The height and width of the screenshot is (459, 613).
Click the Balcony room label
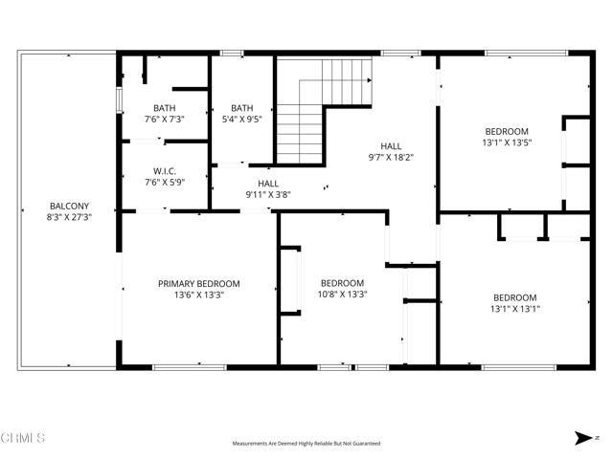click(69, 206)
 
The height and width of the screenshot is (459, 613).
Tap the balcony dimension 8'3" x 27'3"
click(69, 217)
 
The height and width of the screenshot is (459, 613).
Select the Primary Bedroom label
click(199, 284)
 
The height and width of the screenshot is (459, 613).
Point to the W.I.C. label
click(164, 173)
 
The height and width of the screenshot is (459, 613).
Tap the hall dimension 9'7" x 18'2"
click(391, 157)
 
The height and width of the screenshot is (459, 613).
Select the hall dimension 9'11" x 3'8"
click(268, 194)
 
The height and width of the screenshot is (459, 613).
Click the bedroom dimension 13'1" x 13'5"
click(506, 142)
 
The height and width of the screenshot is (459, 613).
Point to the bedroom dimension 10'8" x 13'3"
click(343, 295)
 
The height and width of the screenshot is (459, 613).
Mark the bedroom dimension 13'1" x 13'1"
click(514, 309)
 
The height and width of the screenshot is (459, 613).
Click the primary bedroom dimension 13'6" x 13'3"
click(199, 295)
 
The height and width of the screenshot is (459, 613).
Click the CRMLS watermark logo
click(23, 438)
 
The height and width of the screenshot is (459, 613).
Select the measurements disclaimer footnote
click(306, 444)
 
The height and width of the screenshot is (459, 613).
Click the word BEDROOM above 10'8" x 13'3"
click(343, 283)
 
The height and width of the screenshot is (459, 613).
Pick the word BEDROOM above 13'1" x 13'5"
click(506, 131)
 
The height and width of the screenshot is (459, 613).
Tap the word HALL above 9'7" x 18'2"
click(391, 146)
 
